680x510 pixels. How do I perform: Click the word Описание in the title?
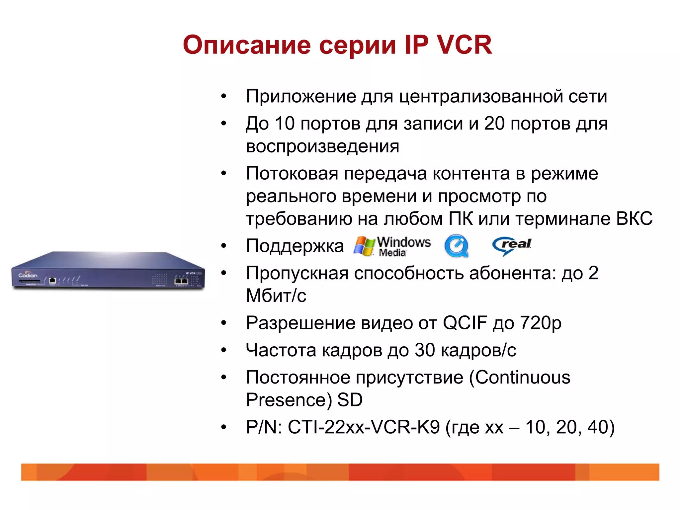(x=247, y=45)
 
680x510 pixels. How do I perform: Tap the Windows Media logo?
(x=392, y=246)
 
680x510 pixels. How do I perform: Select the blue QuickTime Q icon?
(x=457, y=246)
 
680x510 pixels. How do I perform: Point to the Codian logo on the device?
(x=28, y=275)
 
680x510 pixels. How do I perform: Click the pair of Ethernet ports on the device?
(x=181, y=281)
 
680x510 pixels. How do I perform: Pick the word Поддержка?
(x=295, y=246)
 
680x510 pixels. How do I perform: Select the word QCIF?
(x=465, y=323)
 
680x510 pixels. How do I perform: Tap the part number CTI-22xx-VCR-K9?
(x=364, y=427)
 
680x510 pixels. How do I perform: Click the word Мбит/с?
(x=276, y=296)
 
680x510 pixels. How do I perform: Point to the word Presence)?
(x=289, y=400)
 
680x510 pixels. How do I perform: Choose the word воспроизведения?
(x=322, y=146)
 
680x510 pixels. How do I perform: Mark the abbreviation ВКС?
(x=634, y=218)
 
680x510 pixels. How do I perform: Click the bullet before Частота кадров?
(x=224, y=350)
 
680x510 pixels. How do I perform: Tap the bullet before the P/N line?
(x=224, y=427)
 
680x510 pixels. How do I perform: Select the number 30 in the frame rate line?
(x=425, y=350)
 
